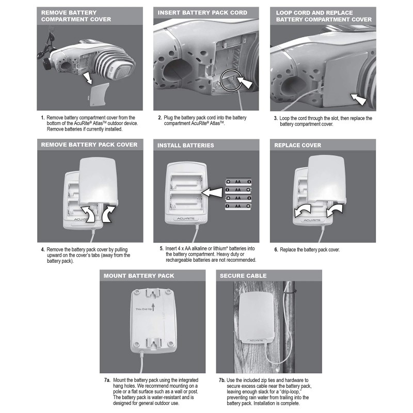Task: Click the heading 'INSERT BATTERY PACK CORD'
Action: [202, 12]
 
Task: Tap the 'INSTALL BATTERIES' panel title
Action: [185, 145]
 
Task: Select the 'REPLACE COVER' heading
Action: [299, 145]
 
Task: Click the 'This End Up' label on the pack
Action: [145, 310]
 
